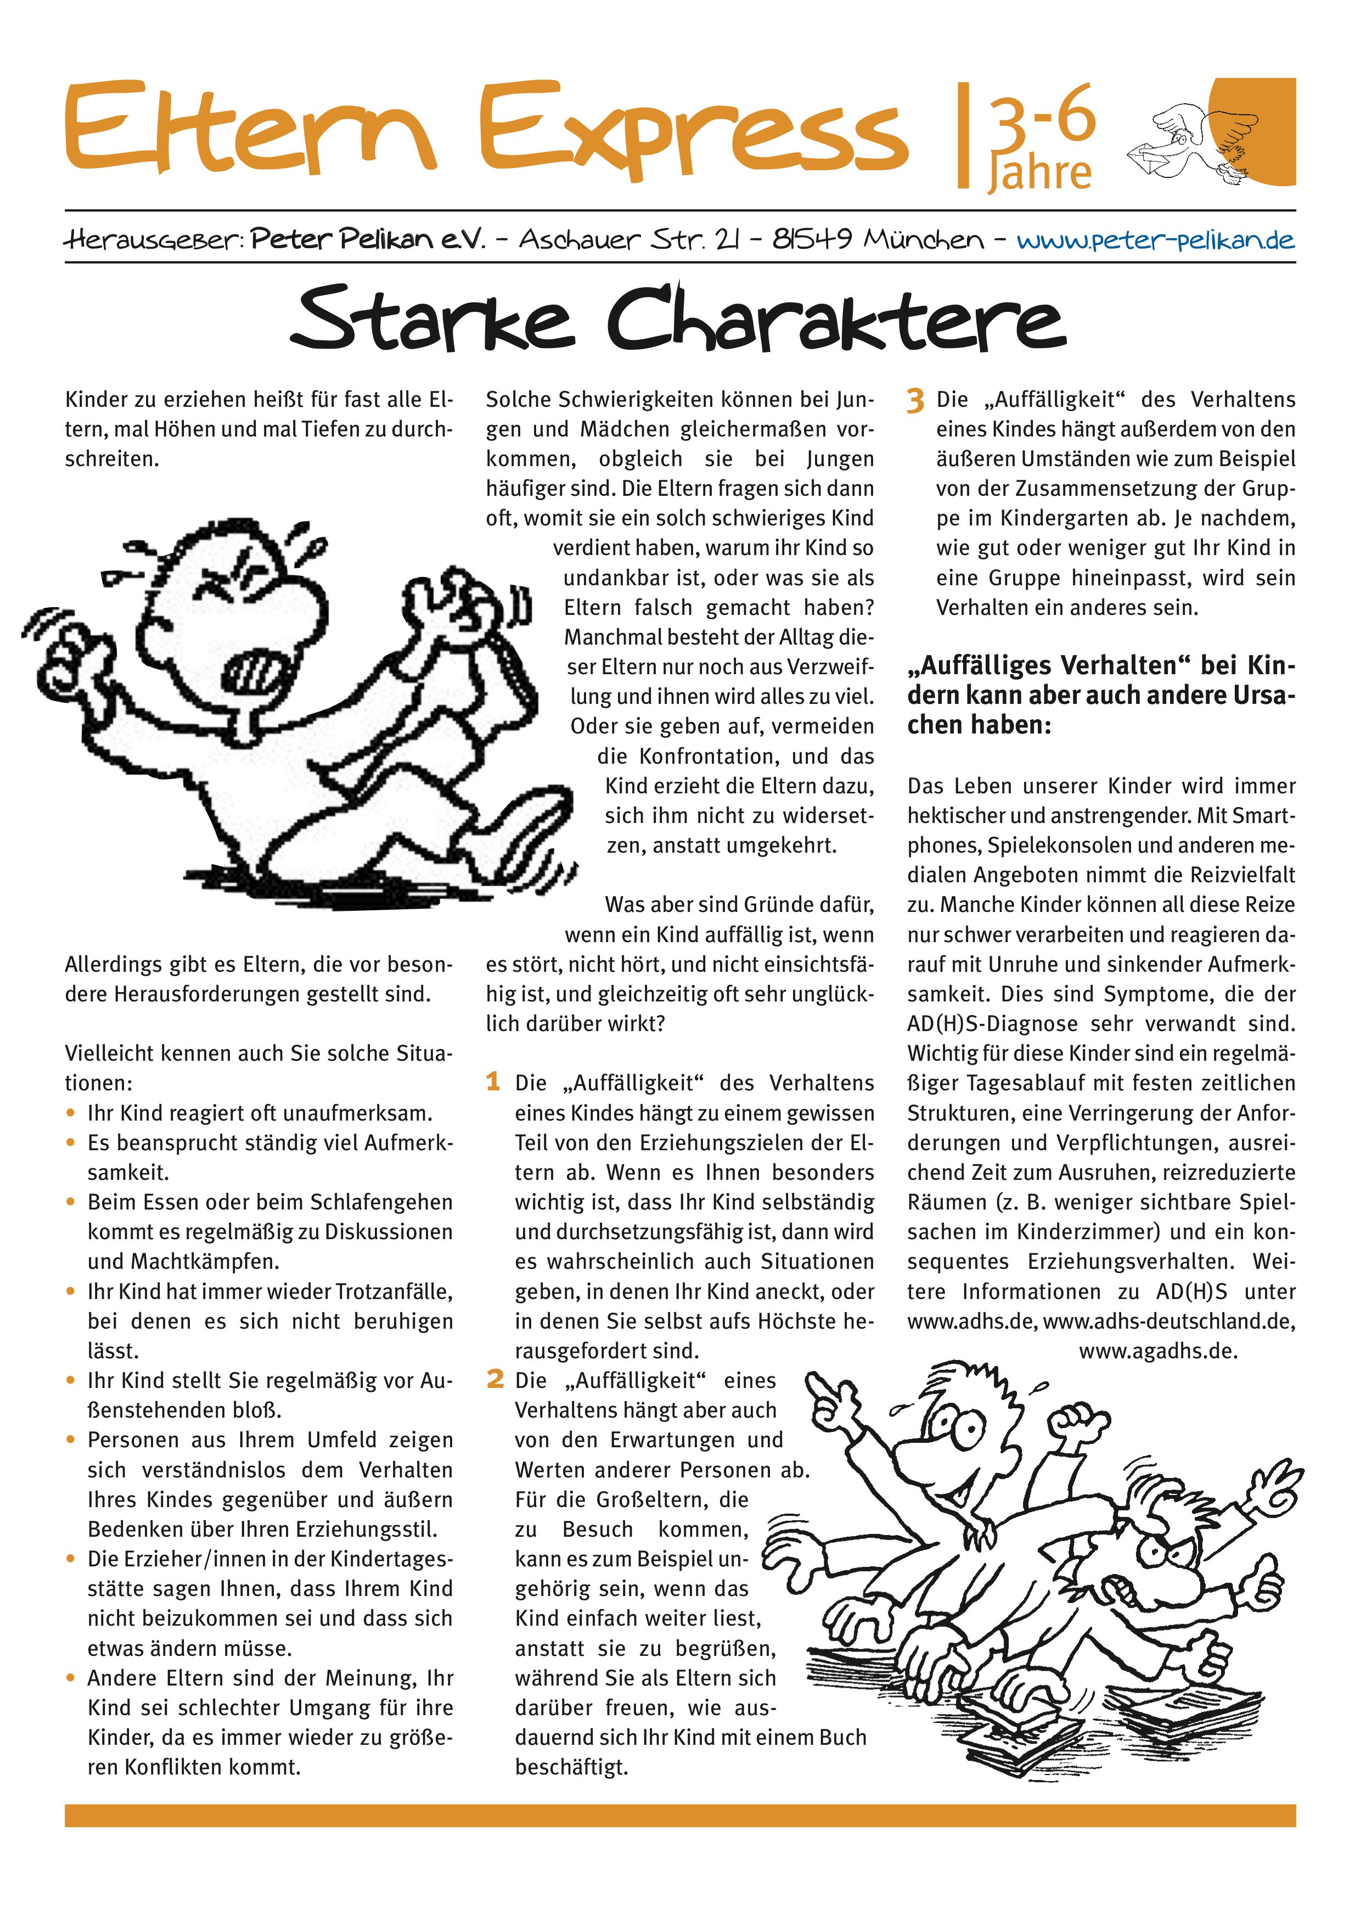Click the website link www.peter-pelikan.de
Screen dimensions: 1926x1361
1156,240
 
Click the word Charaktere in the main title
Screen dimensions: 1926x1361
836,319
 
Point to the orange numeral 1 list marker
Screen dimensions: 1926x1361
493,1081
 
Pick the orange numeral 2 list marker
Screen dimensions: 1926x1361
495,1379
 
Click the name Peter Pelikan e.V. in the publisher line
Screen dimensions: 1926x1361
368,240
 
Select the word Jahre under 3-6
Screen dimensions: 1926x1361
1041,173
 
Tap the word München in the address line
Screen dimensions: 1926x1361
924,240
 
